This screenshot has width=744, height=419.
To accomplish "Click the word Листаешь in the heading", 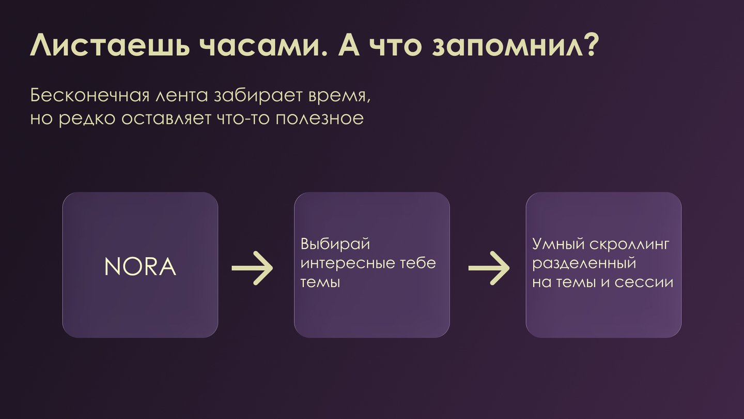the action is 110,45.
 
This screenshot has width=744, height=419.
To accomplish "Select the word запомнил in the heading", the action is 507,47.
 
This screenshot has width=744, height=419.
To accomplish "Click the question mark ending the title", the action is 591,45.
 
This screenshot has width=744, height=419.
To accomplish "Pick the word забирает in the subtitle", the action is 258,95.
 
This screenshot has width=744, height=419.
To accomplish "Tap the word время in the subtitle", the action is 337,97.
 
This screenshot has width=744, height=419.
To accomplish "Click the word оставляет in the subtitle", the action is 166,119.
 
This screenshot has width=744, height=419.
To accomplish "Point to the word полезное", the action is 319,119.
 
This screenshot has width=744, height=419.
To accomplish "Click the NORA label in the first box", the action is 140,267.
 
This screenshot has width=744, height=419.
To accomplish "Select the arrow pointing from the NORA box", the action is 252,268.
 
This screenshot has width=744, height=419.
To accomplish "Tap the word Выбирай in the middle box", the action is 335,244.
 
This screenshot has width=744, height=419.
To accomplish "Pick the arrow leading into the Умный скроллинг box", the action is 489,268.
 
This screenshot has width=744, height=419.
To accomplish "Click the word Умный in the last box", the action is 559,244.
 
